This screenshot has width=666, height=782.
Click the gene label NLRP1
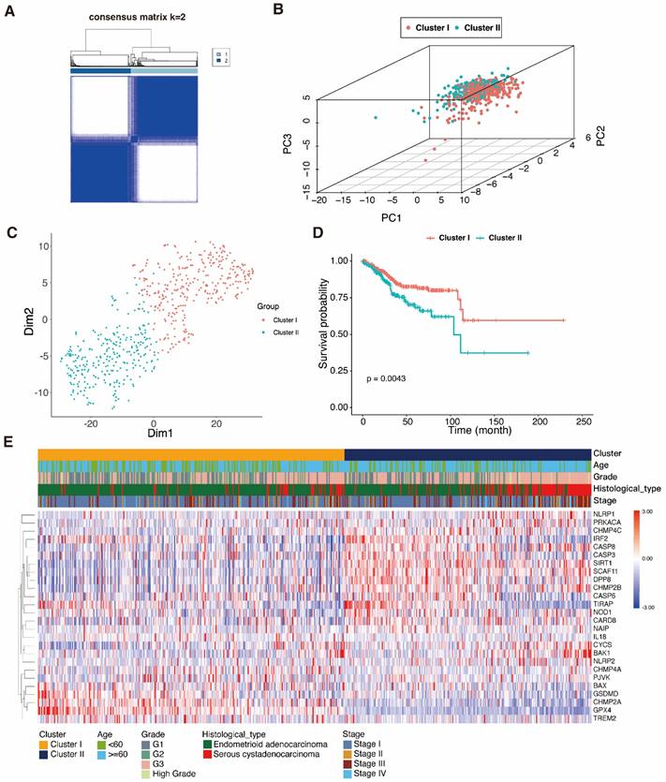click(605, 515)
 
